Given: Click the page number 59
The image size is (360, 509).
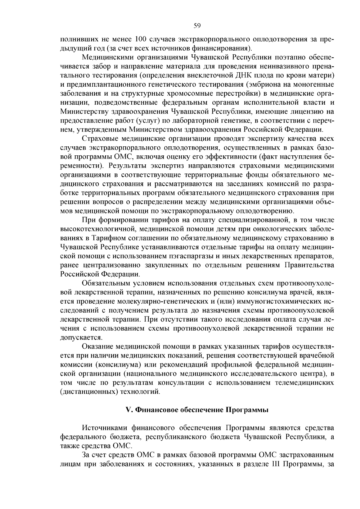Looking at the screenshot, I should coord(197,25).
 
